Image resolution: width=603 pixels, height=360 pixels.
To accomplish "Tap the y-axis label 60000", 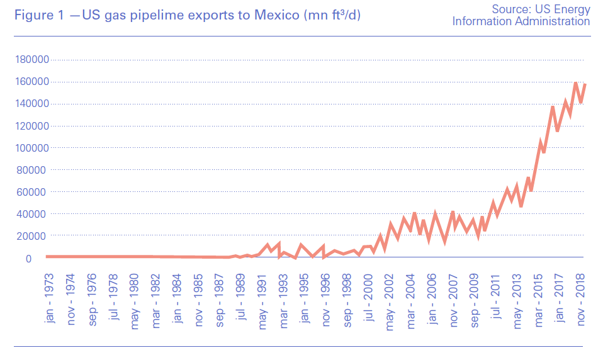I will [x=34, y=192].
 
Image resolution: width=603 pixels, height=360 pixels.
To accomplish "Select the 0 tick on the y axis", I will [x=45, y=258].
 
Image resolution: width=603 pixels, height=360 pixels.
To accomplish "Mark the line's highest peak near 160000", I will [x=575, y=82].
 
